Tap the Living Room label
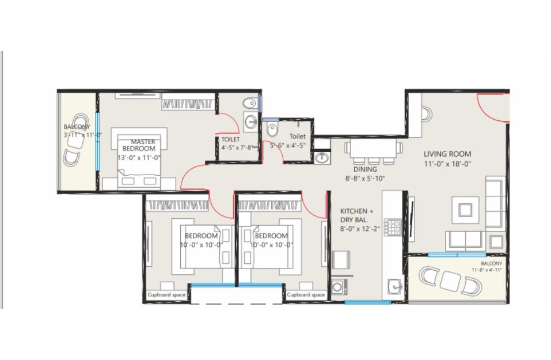tap(447, 154)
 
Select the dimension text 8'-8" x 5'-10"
tap(365, 178)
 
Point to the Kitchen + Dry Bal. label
tap(356, 215)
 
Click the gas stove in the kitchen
tap(393, 227)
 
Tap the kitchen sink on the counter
tap(395, 286)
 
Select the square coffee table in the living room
tap(465, 210)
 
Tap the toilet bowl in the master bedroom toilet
tap(250, 103)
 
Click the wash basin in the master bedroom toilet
tap(250, 122)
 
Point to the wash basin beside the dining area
tap(321, 158)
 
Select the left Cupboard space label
tap(166, 294)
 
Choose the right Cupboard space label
tap(306, 294)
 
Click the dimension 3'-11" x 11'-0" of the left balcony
tap(83, 135)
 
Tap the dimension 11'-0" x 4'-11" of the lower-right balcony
tap(487, 270)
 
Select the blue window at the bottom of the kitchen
tap(367, 302)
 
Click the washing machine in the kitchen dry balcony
tap(338, 287)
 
